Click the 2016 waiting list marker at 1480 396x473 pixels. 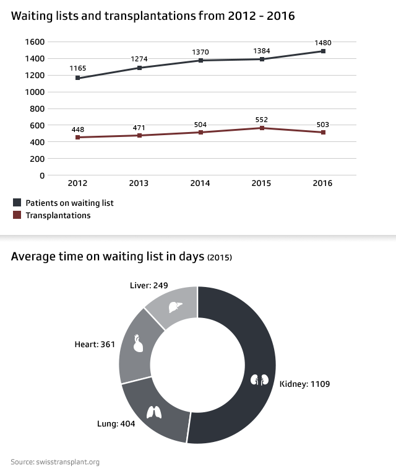[x=323, y=51]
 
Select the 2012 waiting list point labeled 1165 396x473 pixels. [x=78, y=78]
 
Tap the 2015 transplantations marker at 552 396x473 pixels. [x=262, y=128]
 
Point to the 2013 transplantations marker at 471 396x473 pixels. [x=139, y=135]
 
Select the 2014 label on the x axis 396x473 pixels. [x=200, y=183]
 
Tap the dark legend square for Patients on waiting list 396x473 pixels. [x=17, y=203]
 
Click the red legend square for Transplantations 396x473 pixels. [x=17, y=215]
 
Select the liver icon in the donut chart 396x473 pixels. [x=176, y=306]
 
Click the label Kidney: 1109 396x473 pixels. [x=305, y=384]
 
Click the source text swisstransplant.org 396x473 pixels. [x=55, y=462]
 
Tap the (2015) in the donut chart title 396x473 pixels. [x=220, y=258]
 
